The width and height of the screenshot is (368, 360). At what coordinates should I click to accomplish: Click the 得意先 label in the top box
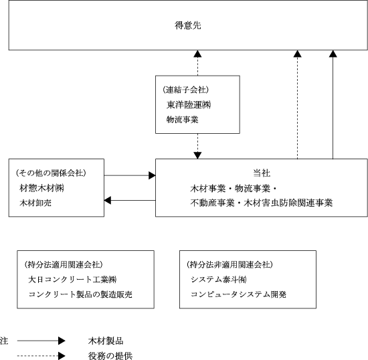coord(188,25)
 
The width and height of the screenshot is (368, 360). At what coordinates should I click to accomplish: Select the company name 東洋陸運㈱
coord(189,104)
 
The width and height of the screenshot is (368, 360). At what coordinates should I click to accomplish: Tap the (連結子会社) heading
coord(185,90)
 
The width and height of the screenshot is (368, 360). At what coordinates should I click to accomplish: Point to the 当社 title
coord(262,173)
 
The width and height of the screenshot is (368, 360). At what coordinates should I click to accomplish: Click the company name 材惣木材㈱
coord(41,188)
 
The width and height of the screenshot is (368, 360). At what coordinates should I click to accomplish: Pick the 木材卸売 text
coord(35,203)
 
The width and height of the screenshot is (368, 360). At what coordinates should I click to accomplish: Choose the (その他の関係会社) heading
coord(51,173)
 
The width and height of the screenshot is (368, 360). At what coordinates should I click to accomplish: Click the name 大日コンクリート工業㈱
coord(72,280)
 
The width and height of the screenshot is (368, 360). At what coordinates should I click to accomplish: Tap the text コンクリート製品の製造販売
coord(80,294)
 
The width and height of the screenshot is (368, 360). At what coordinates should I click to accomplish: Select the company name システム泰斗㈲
coord(219,280)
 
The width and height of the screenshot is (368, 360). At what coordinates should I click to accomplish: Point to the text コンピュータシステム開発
coord(238,294)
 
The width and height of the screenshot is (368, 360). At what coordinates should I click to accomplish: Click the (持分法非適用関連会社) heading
coord(229,265)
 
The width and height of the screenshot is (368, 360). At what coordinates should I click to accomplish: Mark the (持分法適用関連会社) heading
coord(64,265)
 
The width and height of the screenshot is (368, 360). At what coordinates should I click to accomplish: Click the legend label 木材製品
coord(106,341)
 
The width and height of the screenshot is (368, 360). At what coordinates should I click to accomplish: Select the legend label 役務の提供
coord(110,356)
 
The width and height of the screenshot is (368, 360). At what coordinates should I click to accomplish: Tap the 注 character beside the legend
coord(4,341)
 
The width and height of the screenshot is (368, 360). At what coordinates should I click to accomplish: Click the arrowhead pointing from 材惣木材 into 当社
coord(152,175)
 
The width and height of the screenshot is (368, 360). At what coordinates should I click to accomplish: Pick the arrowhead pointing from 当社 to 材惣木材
coord(107,201)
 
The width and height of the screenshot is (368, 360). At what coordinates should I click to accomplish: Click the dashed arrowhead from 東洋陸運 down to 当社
coord(197,156)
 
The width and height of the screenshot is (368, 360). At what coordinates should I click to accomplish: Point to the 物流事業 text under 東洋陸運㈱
coord(183,120)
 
